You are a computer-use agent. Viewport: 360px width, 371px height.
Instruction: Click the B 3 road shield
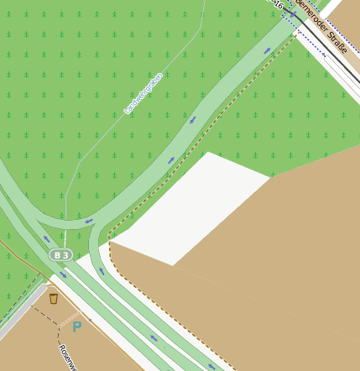point(60,254)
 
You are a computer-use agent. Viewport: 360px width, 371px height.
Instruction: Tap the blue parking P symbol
point(76,326)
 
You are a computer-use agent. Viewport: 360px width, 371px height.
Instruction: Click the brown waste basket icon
point(54,298)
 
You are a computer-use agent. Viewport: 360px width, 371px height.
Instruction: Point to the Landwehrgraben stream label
point(142,93)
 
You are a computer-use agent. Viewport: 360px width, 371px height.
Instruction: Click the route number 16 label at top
point(274,3)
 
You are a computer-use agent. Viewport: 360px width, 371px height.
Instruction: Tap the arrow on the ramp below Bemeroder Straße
point(268,50)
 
